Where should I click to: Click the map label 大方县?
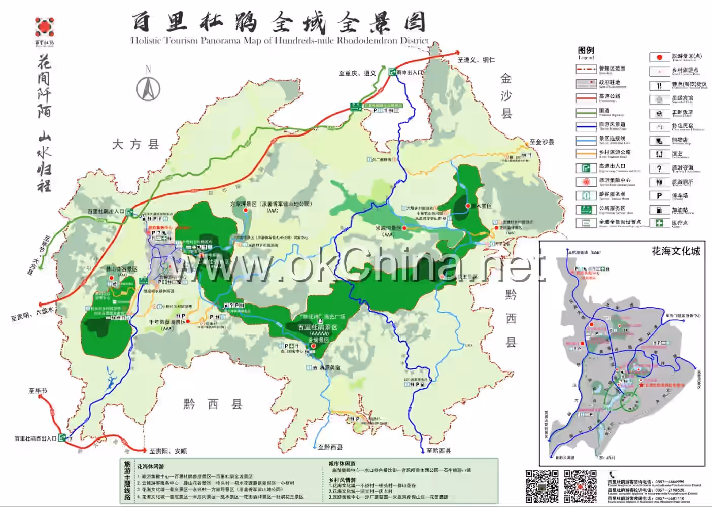135,145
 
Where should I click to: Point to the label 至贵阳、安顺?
168,451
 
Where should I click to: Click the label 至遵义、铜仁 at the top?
476,60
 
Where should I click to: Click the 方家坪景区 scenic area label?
271,204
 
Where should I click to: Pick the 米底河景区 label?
388,228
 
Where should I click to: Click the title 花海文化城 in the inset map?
675,251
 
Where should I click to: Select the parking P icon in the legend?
659,195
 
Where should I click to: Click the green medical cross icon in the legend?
659,223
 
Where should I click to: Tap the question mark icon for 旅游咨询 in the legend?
659,168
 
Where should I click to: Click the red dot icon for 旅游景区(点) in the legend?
659,57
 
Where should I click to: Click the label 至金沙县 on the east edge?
541,142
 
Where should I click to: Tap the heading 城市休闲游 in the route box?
342,464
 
